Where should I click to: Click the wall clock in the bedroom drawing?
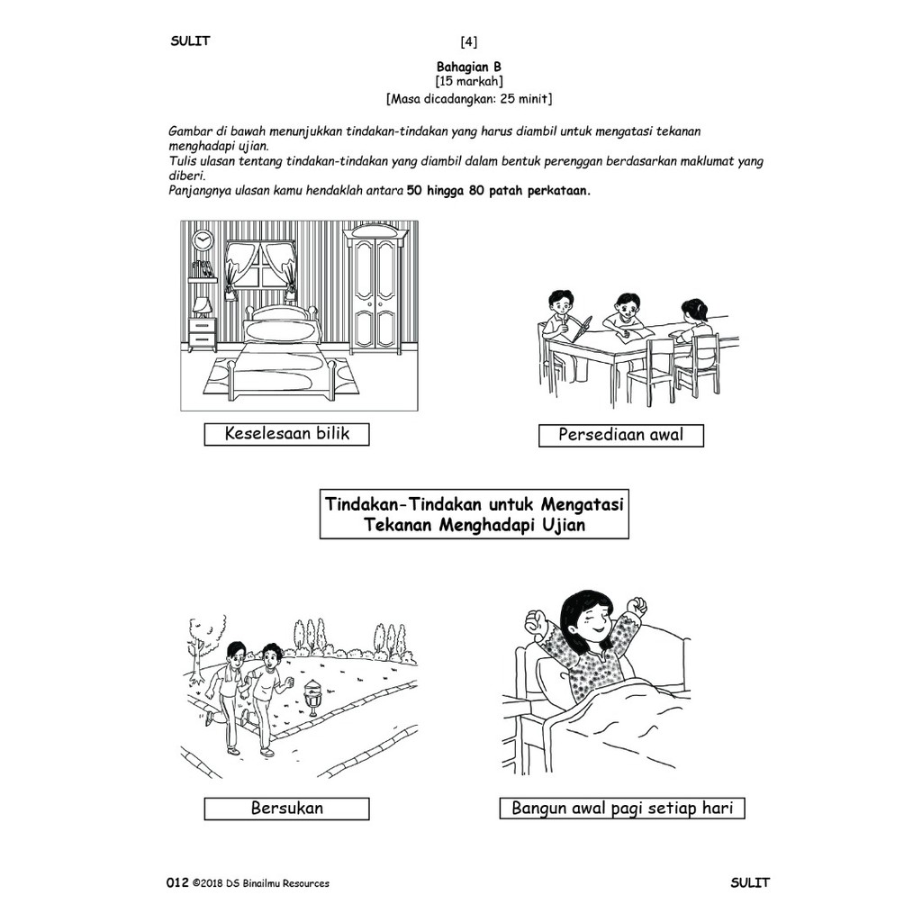pos(202,240)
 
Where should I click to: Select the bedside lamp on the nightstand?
pos(202,308)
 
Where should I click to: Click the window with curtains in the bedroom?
pos(259,268)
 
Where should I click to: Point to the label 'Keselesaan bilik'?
pos(286,434)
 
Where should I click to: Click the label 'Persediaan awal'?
pos(620,435)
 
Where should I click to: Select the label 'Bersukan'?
pos(286,808)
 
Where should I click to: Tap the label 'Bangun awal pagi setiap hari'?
pos(622,808)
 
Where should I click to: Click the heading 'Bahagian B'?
pos(468,67)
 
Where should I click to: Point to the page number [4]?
pos(468,41)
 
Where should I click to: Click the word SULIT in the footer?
pos(750,882)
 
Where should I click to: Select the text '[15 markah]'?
pos(468,81)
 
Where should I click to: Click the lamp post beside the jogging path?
pos(312,696)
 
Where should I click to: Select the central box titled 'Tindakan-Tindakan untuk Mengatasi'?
pos(474,513)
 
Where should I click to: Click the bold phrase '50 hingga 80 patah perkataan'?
pos(499,191)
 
